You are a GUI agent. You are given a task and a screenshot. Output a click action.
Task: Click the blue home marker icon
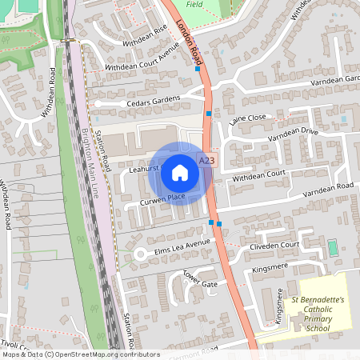pos(180,173)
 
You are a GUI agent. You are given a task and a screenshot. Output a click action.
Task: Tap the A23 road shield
pos(207,161)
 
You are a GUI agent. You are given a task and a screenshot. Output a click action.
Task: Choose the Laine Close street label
pos(247,118)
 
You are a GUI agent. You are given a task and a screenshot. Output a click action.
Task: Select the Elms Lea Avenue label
pos(182,243)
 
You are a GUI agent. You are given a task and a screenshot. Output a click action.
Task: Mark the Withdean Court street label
pos(258,173)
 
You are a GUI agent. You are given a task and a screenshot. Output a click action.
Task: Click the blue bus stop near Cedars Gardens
pos(209,114)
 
